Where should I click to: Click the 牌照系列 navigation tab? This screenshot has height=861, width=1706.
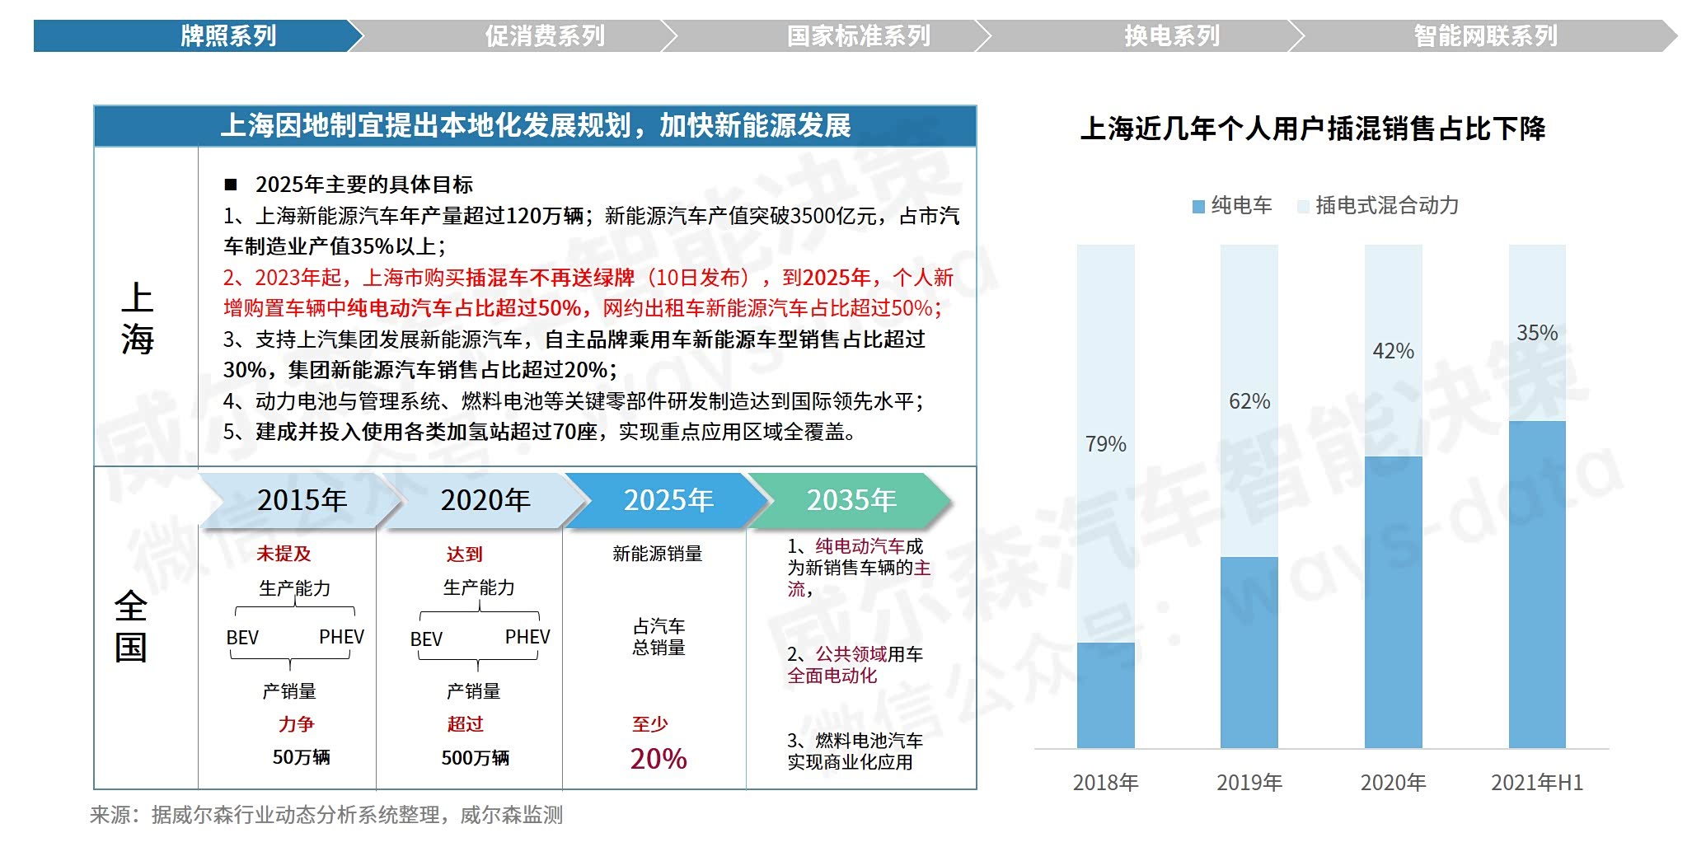pos(228,36)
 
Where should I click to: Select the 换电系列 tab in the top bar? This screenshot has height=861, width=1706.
pos(1171,36)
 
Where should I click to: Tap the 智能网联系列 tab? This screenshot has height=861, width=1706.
pos(1485,36)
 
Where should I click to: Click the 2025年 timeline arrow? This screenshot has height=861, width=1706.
pos(668,500)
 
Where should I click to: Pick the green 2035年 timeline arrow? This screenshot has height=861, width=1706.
pos(851,500)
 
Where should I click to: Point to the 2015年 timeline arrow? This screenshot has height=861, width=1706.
pos(302,500)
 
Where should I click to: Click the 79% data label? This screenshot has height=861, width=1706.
pos(1105,444)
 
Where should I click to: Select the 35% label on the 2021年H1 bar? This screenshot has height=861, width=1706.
pos(1537,333)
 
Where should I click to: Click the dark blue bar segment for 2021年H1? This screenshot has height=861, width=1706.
pos(1537,584)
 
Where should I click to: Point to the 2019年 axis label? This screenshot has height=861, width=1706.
pos(1249,782)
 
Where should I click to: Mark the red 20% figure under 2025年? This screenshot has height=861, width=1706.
pos(658,758)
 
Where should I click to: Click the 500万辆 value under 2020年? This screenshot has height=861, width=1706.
pos(476,757)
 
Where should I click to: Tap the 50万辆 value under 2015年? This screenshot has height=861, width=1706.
pos(301,756)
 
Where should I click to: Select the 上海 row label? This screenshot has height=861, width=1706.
pos(138,318)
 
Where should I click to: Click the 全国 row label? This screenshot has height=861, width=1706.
pos(131,626)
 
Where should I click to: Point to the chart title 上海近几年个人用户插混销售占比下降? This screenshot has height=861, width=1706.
pos(1312,129)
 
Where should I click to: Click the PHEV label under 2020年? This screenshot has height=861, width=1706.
pos(527,637)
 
